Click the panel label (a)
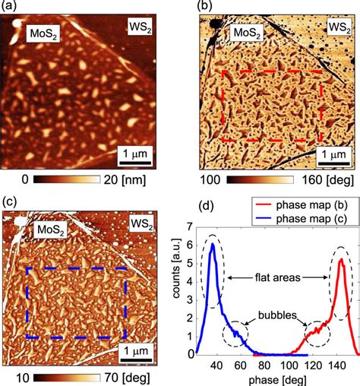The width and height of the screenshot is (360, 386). [12, 8]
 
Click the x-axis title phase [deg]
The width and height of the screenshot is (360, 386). [273, 378]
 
